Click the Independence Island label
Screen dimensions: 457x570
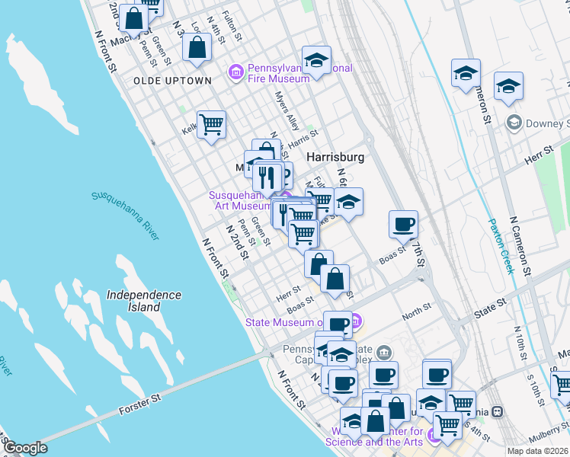point(144,301)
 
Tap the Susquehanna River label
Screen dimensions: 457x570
point(126,216)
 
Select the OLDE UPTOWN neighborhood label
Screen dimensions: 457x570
point(172,80)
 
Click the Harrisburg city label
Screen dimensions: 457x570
point(335,157)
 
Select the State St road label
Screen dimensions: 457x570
point(491,303)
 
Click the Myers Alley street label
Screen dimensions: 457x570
point(287,110)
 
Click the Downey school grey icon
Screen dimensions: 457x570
point(514,123)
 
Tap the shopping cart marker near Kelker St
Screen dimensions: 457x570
point(211,124)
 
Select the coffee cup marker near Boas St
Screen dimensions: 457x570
point(403,224)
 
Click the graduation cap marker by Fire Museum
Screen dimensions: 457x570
point(316,59)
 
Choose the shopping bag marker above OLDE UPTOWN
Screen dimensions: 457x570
point(197,47)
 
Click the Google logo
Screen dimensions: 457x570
point(25,448)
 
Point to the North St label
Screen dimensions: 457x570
point(416,312)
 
